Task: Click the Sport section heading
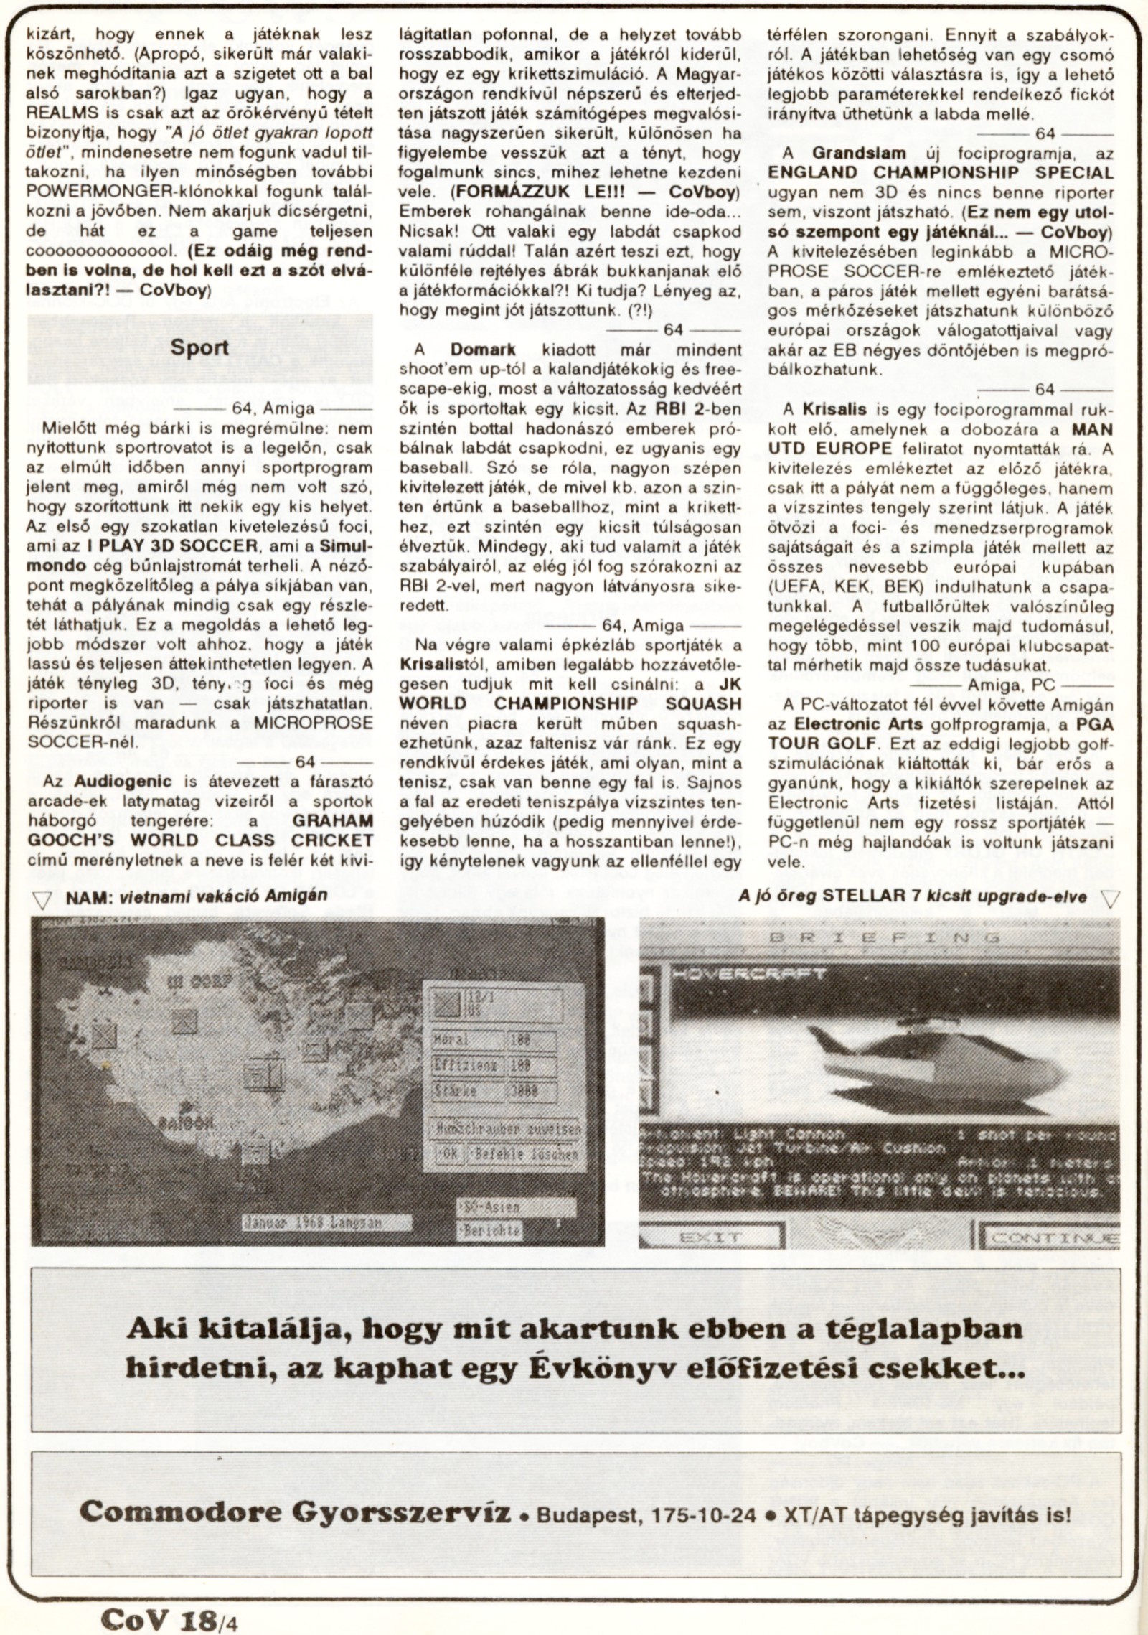click(x=199, y=348)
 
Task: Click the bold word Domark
click(x=485, y=350)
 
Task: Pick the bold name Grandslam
click(x=859, y=152)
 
